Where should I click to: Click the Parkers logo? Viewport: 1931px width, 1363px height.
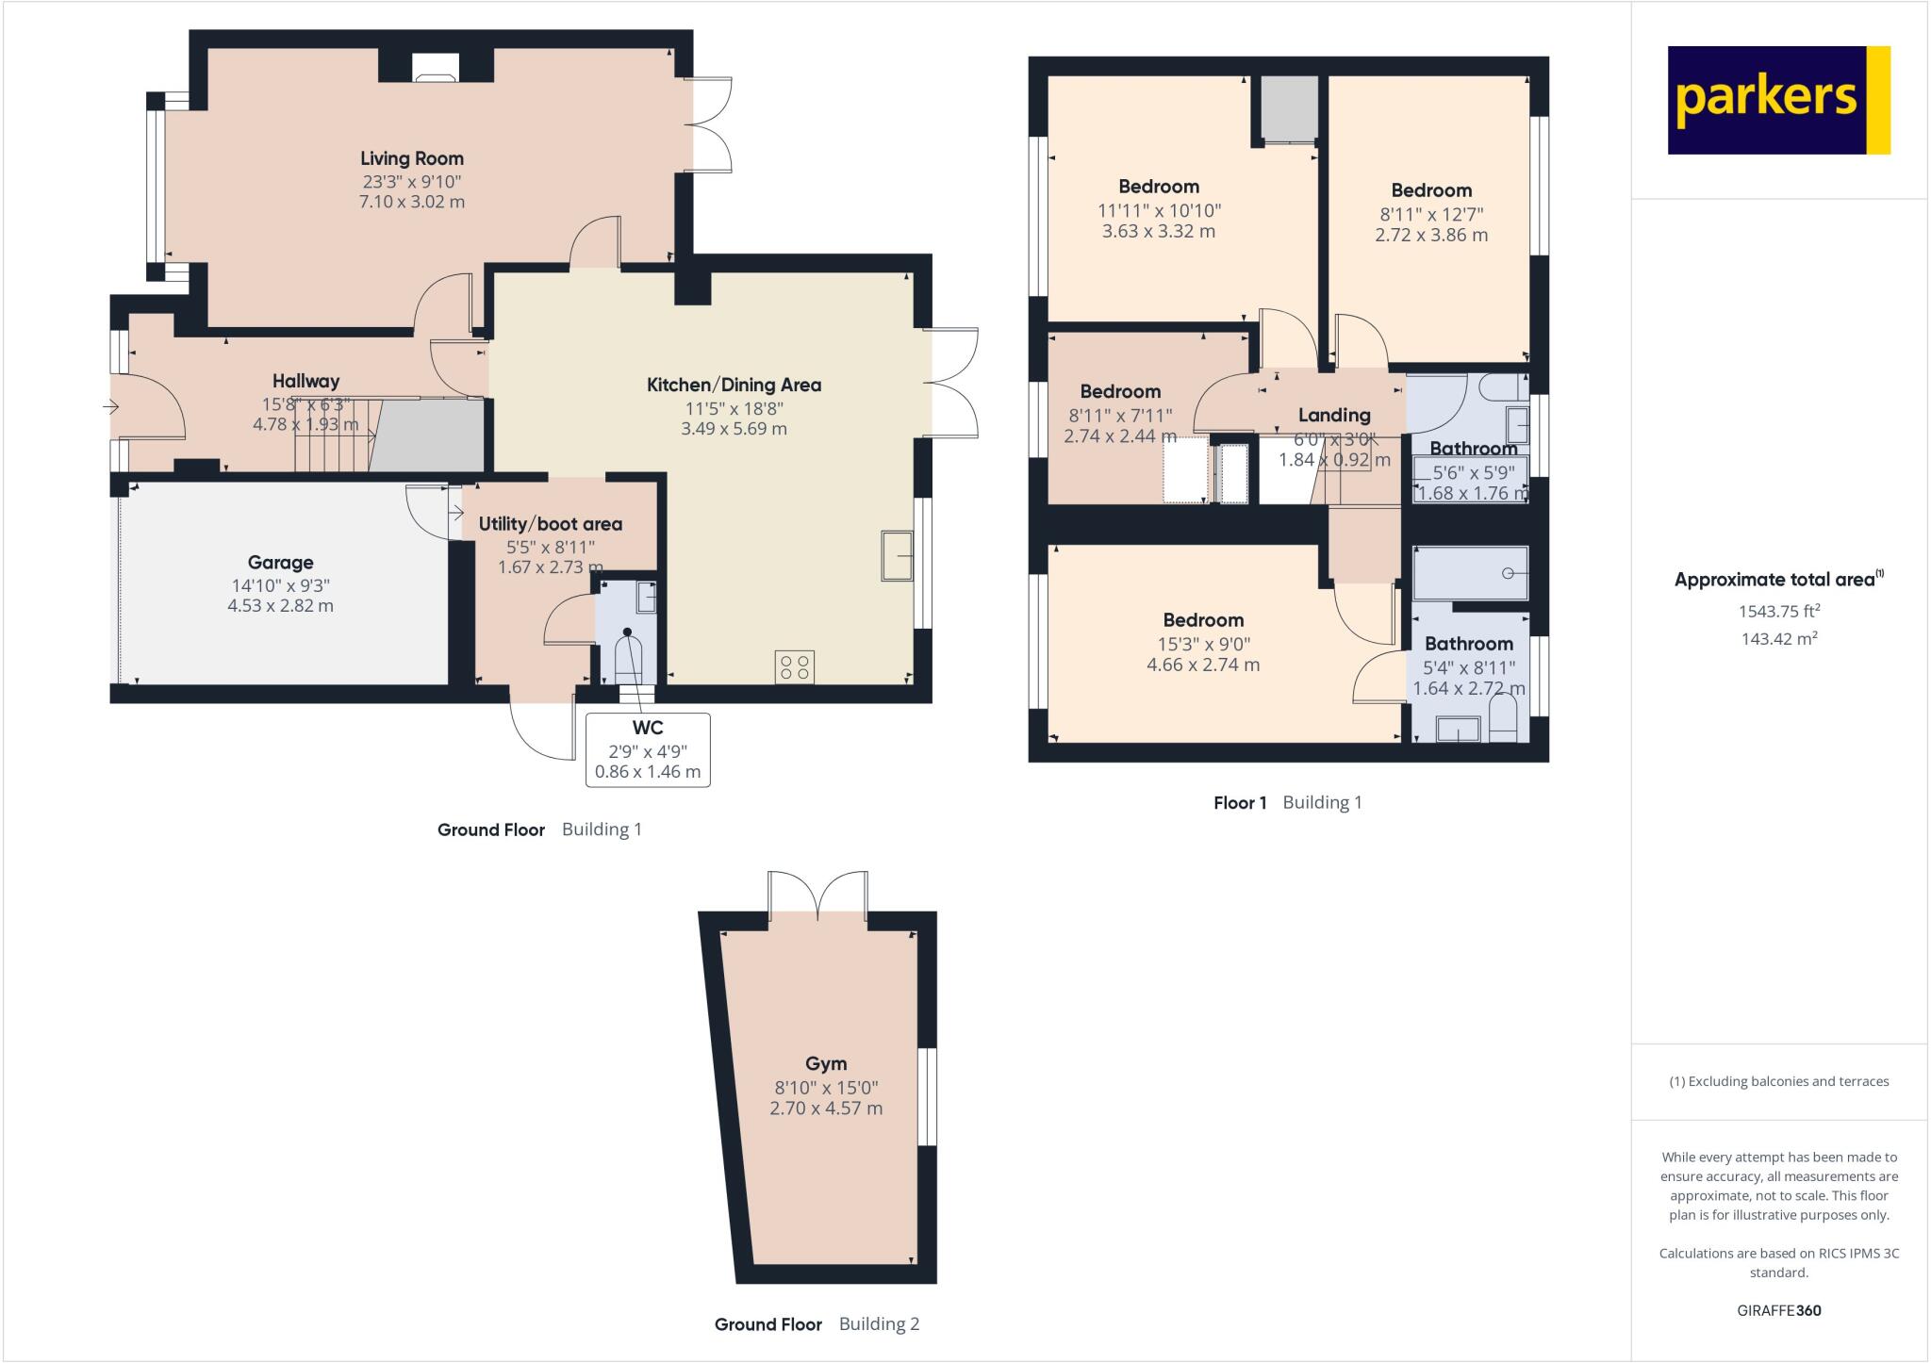[1778, 100]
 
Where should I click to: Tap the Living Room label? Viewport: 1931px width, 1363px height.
[412, 158]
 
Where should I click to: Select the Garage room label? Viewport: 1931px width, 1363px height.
[280, 563]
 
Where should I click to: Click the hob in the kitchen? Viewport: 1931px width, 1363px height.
[795, 667]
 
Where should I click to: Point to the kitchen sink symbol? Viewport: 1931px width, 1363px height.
[897, 556]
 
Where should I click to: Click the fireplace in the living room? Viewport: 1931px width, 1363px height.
[436, 70]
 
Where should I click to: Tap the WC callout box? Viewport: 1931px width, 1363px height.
[648, 750]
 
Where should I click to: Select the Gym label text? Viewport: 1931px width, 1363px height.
[825, 1063]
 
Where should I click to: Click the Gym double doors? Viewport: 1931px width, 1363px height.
[818, 895]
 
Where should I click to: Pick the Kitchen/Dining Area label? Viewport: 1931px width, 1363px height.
[734, 385]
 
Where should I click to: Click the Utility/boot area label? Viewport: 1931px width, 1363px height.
[550, 524]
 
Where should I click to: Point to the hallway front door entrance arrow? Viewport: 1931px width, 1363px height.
[110, 407]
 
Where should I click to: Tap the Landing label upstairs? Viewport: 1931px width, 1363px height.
[1333, 415]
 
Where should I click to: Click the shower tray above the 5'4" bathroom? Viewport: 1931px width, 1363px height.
[1470, 573]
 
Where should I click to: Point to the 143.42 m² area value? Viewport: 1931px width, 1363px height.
[1778, 638]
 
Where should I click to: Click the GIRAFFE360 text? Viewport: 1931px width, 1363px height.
[1778, 1310]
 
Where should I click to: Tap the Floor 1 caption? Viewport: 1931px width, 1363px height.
[1240, 803]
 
